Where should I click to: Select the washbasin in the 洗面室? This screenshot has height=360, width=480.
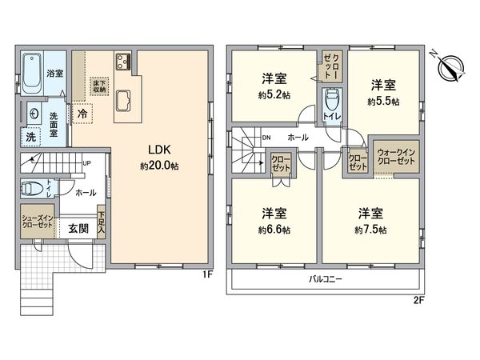tap(34, 114)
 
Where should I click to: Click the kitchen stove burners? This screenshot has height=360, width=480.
tap(124, 61)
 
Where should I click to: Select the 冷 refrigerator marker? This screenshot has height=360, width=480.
tap(82, 114)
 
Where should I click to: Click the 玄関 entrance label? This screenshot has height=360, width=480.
tap(78, 226)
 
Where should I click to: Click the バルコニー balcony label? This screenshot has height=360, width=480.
tap(326, 281)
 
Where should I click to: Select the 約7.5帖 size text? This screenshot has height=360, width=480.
tap(371, 230)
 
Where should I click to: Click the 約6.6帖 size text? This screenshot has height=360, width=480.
tap(274, 230)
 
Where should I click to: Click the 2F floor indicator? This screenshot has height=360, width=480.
tap(418, 302)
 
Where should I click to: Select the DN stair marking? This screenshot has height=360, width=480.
tap(266, 138)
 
